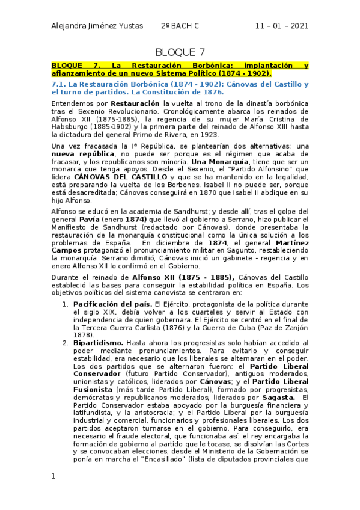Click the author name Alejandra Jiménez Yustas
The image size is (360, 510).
pos(99,26)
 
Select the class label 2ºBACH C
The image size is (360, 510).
pos(180,26)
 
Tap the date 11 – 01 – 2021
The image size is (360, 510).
pos(281,26)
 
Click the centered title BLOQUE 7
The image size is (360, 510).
pos(180,52)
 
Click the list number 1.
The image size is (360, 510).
pos(66,304)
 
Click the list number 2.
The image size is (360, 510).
pos(66,343)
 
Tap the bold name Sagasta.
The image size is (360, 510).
pos(278,397)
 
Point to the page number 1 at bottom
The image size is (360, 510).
pos(53,476)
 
